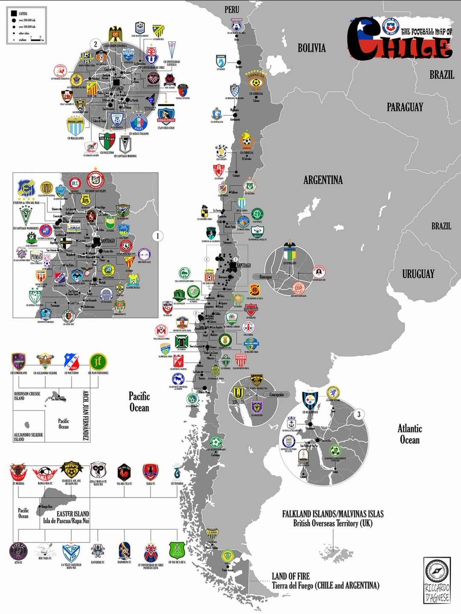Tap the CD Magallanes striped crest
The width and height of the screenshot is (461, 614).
[75, 125]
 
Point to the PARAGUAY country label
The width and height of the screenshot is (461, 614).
[405, 107]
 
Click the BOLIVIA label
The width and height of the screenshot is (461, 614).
[312, 48]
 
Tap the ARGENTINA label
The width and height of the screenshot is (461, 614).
[323, 180]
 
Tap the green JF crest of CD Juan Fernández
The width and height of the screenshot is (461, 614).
[97, 362]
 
